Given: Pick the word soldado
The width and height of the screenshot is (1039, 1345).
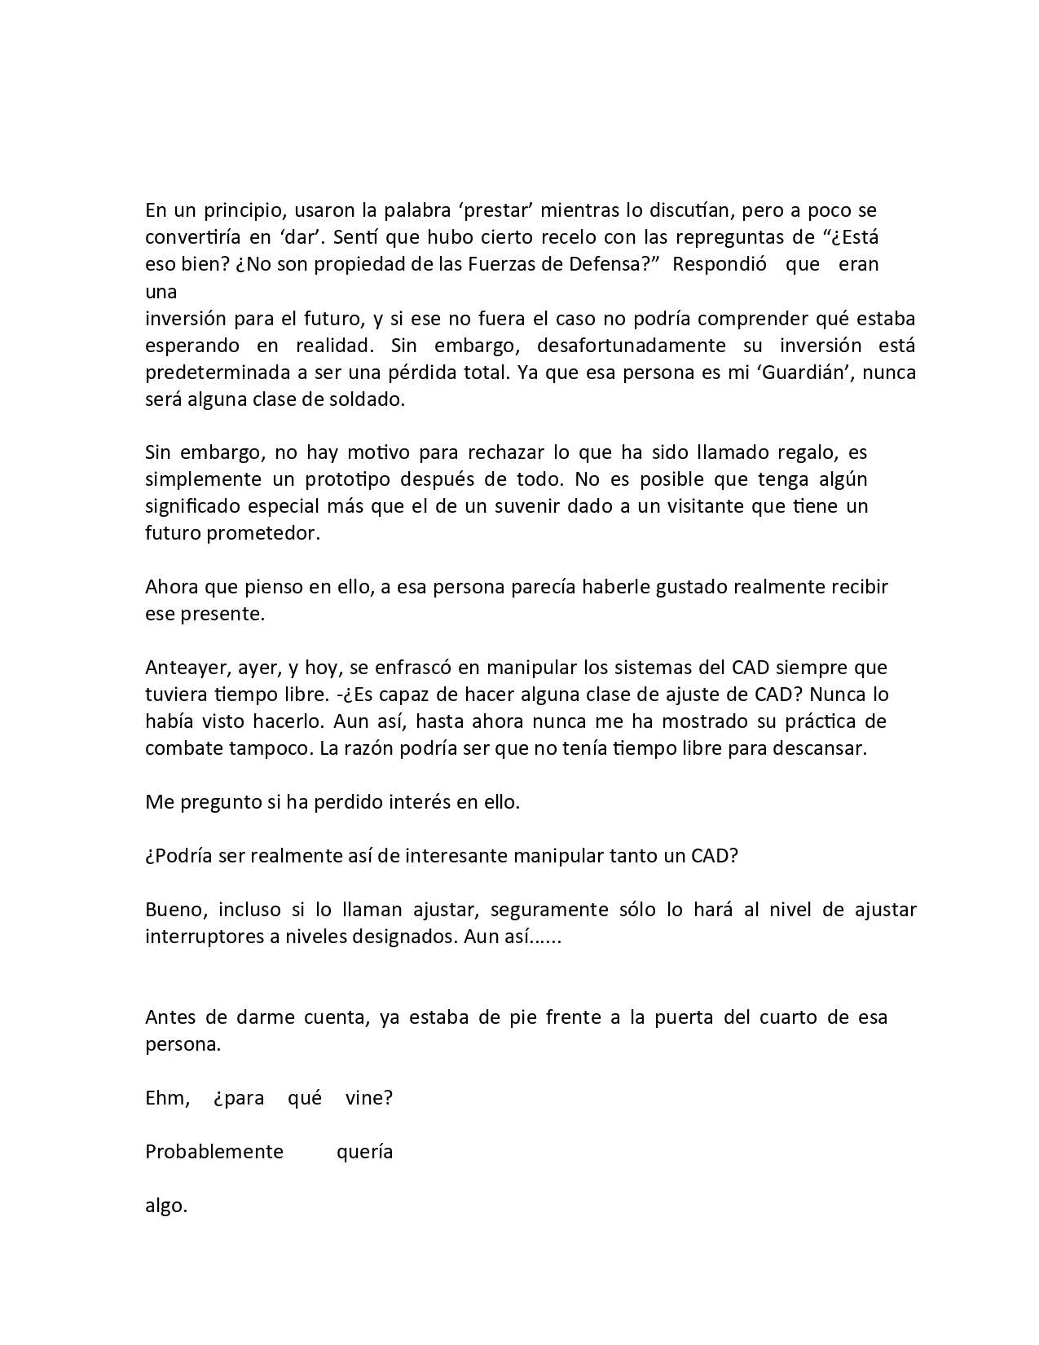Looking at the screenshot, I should pos(368,399).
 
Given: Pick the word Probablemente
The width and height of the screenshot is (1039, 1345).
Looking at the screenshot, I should pos(214,1152).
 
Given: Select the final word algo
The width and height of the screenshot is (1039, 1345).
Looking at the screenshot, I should pos(165,1206).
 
